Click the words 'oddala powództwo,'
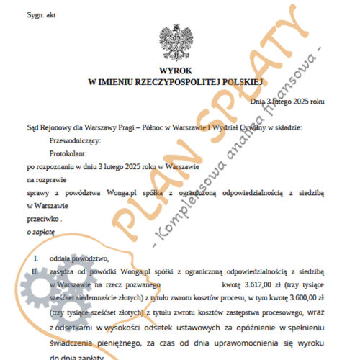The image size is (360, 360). pos(79,258)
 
